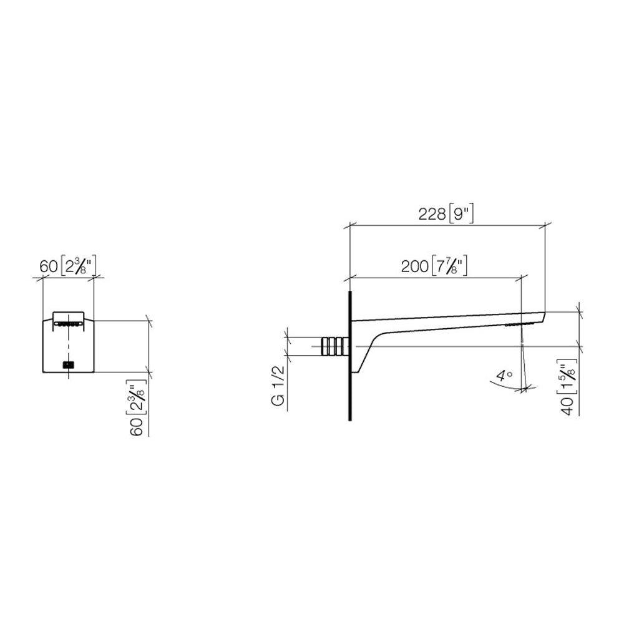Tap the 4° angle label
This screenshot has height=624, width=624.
[x=504, y=376]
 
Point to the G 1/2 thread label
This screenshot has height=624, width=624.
[x=279, y=388]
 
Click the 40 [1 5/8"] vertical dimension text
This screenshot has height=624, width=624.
[x=569, y=388]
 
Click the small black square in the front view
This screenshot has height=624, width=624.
[x=68, y=364]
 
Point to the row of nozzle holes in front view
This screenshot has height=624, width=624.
[x=67, y=323]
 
